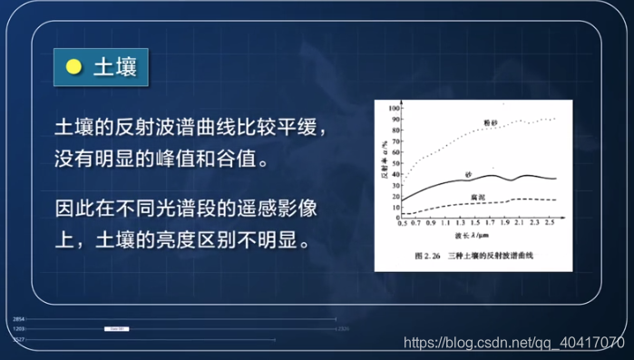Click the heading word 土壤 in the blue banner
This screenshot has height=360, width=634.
point(115,68)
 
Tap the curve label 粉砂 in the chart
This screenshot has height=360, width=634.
point(491,120)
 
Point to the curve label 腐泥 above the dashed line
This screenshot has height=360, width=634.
point(477,195)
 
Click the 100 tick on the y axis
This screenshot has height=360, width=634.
point(395,108)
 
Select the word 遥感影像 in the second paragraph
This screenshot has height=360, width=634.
point(279,208)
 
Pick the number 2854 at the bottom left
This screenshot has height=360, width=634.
point(19,319)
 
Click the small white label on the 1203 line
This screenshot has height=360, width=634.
point(116,329)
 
